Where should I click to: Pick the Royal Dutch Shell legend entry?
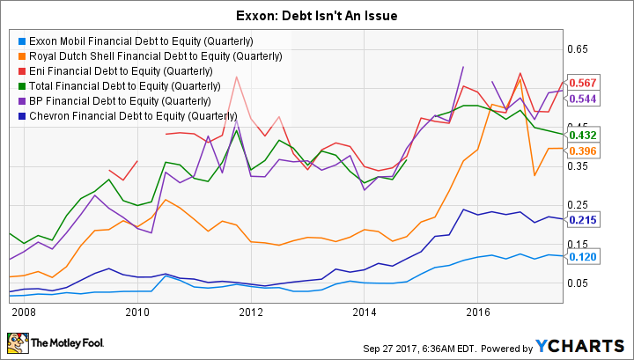[x=153, y=56]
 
